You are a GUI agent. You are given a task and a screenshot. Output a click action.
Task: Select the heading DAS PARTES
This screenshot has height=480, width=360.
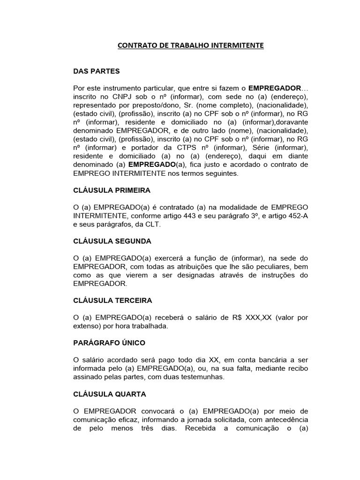pyautogui.click(x=97, y=71)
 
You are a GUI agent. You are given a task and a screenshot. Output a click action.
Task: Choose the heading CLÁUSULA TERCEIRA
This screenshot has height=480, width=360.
pyautogui.click(x=112, y=300)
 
